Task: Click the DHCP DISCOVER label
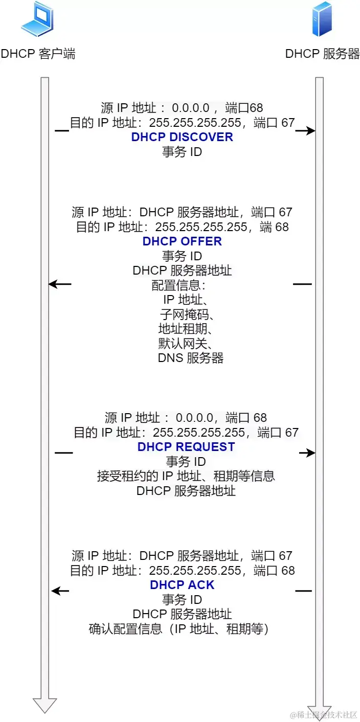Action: [182, 137]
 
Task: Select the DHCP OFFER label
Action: [182, 241]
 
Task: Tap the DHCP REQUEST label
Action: [186, 447]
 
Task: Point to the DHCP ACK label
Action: [182, 585]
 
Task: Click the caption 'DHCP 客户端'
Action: [38, 54]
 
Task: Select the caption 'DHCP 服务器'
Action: [322, 54]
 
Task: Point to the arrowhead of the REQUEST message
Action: [311, 453]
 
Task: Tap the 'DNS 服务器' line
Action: [191, 358]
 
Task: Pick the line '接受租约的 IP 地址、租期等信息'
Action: [186, 476]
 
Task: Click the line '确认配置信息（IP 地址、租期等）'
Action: [178, 629]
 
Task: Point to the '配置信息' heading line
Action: [178, 285]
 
